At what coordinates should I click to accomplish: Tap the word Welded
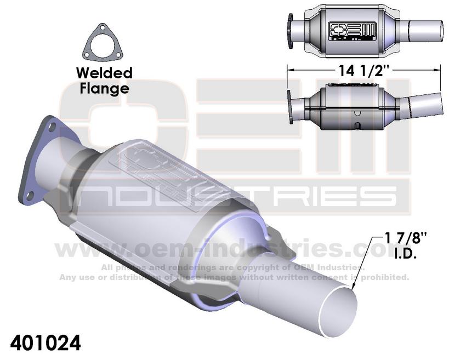pos(104,73)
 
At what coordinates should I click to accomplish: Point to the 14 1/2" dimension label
pos(365,70)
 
